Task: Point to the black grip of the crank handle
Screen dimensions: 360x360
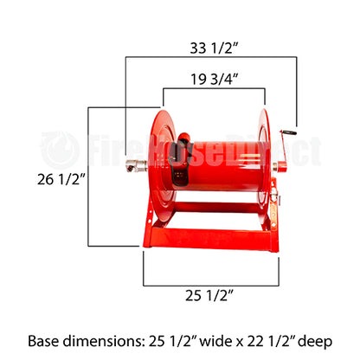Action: [287, 132]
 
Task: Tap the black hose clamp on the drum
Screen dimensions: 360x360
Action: [180, 160]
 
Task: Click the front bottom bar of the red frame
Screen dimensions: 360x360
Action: [208, 240]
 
